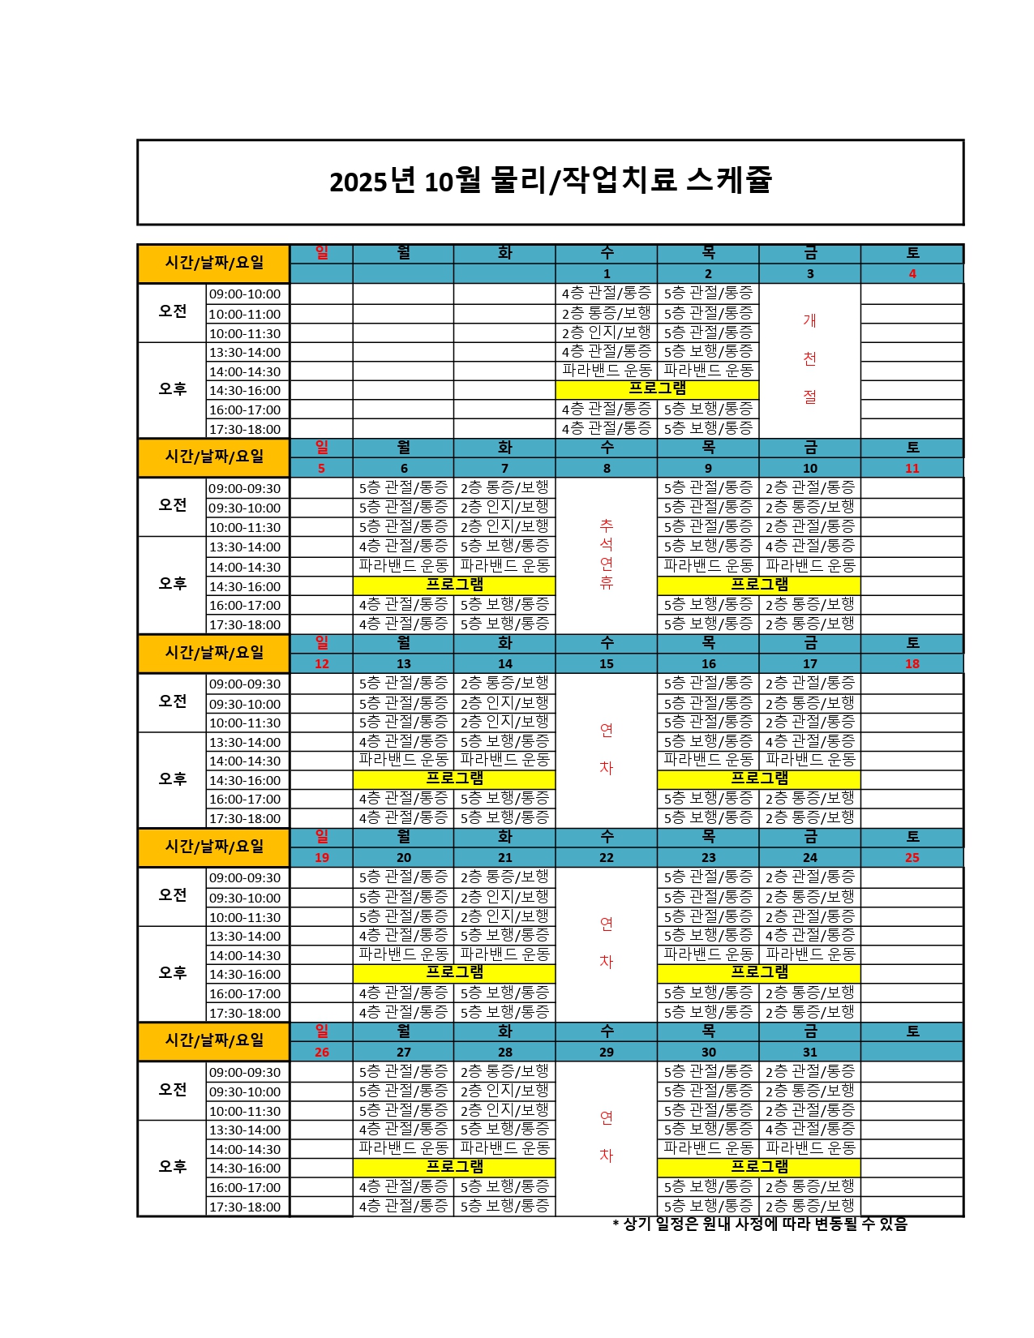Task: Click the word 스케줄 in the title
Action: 728,180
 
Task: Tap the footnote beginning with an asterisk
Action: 760,1224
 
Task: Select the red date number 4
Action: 912,274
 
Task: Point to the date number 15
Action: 607,663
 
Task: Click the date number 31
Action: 809,1052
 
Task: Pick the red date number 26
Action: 322,1052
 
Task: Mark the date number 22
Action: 607,857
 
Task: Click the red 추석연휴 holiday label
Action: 607,555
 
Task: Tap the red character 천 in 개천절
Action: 809,358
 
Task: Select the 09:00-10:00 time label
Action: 245,294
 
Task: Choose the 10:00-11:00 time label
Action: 245,314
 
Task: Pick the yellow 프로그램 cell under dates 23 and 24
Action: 759,973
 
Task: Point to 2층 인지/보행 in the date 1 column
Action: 607,332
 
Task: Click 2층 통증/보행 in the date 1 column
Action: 607,313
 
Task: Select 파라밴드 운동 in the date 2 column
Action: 708,371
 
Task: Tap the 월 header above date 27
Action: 404,1031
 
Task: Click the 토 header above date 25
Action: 912,837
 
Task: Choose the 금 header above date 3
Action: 809,254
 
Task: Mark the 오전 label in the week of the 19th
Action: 173,895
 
